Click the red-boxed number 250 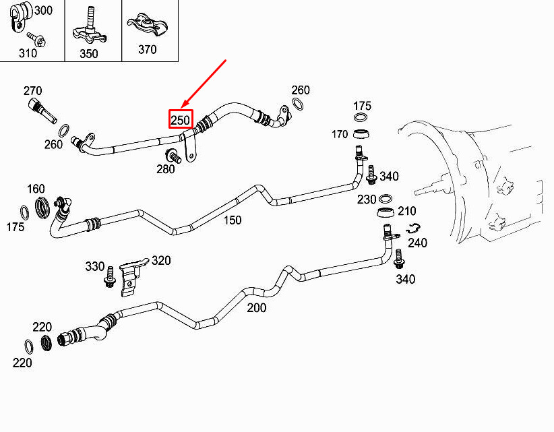click(x=181, y=120)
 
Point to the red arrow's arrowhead click(x=183, y=105)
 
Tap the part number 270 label click(x=33, y=91)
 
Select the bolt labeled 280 click(x=173, y=156)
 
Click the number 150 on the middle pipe click(x=233, y=220)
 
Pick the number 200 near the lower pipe click(x=257, y=308)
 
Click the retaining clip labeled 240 click(x=413, y=228)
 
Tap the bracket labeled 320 click(x=133, y=278)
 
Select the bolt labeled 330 click(x=109, y=277)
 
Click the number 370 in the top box click(x=148, y=49)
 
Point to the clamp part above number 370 click(x=148, y=24)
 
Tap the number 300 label click(x=44, y=10)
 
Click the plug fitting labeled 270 click(x=42, y=111)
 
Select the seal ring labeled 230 click(x=386, y=199)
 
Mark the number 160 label click(x=36, y=189)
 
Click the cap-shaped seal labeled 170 click(x=361, y=134)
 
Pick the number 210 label click(x=407, y=211)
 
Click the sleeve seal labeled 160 click(x=42, y=208)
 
